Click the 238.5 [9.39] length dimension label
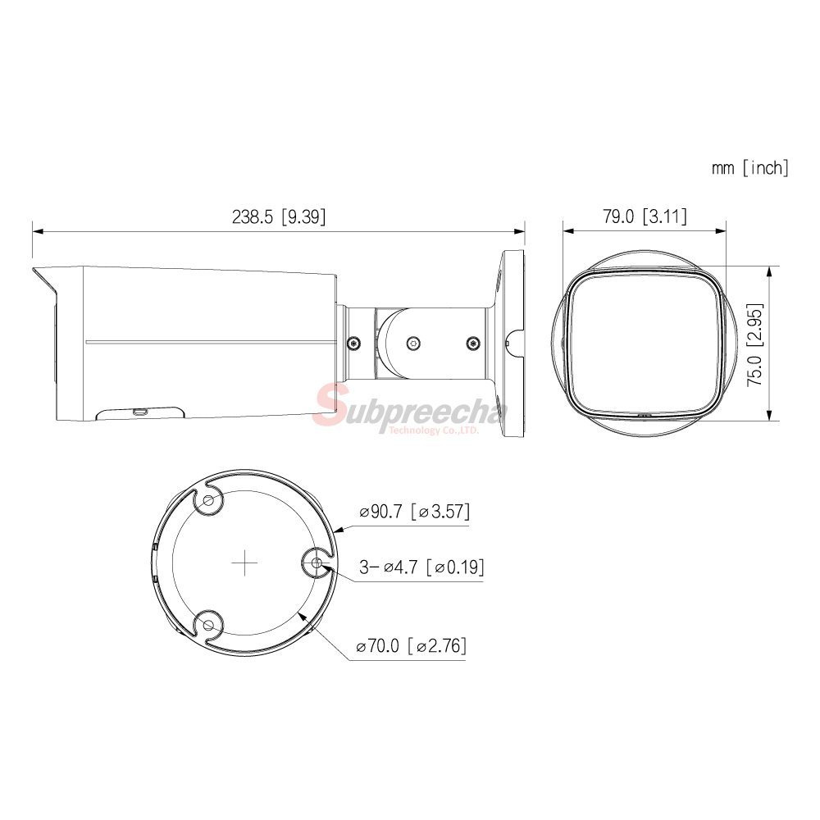click(x=279, y=216)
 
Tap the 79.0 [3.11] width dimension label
click(x=645, y=216)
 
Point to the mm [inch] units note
click(x=749, y=168)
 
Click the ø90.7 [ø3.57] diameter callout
click(x=415, y=511)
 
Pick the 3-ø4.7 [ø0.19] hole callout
click(x=421, y=567)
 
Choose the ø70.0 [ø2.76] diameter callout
click(x=411, y=646)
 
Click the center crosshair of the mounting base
click(x=244, y=563)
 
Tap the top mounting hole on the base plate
click(x=209, y=500)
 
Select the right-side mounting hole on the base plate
click(x=317, y=563)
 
